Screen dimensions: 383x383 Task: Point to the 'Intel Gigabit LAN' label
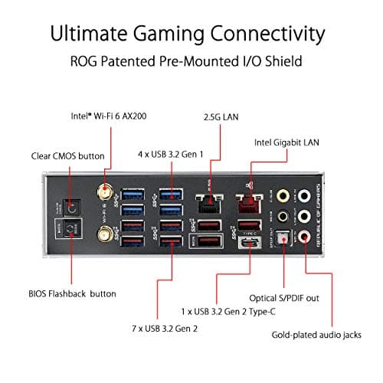pos(287,142)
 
